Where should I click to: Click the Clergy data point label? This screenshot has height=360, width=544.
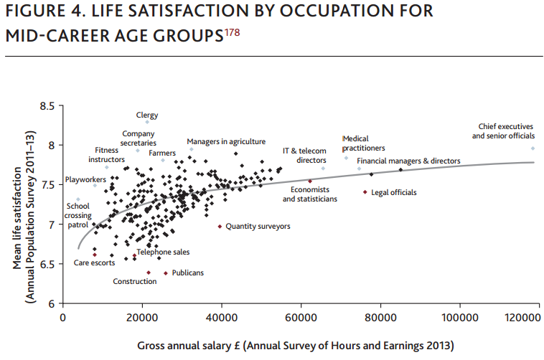pyautogui.click(x=147, y=115)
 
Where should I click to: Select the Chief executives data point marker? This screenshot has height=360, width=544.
pyautogui.click(x=533, y=148)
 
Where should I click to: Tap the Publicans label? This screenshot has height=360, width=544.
pyautogui.click(x=188, y=273)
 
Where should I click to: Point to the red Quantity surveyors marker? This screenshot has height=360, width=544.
pyautogui.click(x=220, y=226)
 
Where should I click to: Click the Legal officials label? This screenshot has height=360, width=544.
pyautogui.click(x=394, y=192)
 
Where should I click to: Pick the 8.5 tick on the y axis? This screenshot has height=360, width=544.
pyautogui.click(x=47, y=106)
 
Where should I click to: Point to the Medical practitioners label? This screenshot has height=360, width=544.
pyautogui.click(x=364, y=143)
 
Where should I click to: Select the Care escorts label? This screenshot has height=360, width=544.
pyautogui.click(x=94, y=263)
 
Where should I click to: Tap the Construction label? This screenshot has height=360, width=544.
pyautogui.click(x=135, y=281)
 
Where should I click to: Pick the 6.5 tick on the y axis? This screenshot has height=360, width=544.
pyautogui.click(x=47, y=265)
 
